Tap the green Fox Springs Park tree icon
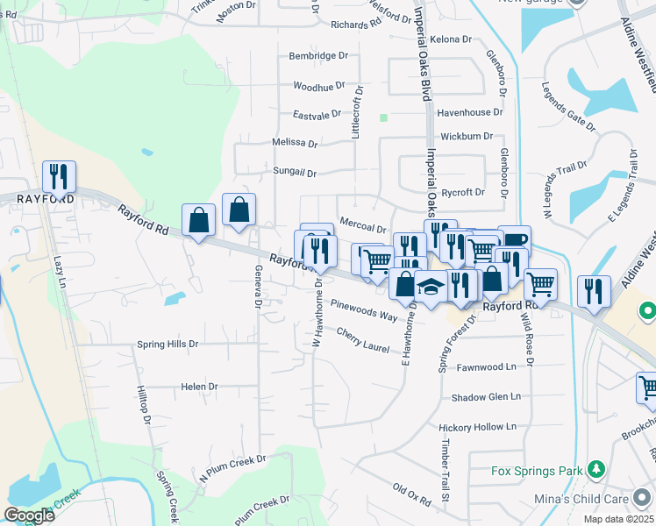pyautogui.click(x=595, y=471)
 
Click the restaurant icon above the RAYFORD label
pyautogui.click(x=59, y=176)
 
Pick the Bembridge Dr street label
pyautogui.click(x=318, y=55)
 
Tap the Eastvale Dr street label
pyautogui.click(x=317, y=115)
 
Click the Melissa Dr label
pyautogui.click(x=295, y=142)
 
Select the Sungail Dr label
pyautogui.click(x=294, y=173)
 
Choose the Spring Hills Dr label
pyautogui.click(x=168, y=345)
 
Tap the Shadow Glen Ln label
pyautogui.click(x=486, y=397)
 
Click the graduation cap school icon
pyautogui.click(x=431, y=287)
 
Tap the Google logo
pyautogui.click(x=29, y=515)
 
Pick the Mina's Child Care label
pyautogui.click(x=581, y=499)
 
